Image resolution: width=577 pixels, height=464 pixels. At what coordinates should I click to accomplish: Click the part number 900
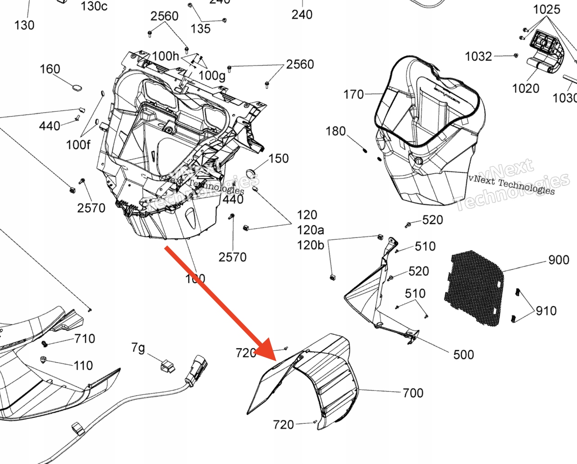tap(559, 260)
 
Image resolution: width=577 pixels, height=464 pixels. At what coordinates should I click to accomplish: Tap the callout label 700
tap(413, 393)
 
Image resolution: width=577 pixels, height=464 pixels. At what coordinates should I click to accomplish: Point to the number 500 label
tap(463, 355)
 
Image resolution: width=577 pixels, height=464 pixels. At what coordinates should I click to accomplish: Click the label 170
tap(353, 95)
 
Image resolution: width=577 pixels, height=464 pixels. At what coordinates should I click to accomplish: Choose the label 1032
tap(478, 57)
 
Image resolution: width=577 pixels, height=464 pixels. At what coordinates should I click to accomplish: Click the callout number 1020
tap(525, 88)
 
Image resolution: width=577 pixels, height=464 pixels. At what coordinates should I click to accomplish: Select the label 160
tap(49, 69)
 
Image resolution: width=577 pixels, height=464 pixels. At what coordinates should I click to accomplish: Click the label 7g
tap(138, 348)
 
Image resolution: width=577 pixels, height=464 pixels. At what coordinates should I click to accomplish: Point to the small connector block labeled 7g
tap(168, 366)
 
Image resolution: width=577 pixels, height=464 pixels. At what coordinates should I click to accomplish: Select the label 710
tap(84, 338)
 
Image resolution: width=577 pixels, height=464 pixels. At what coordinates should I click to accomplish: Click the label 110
tap(83, 366)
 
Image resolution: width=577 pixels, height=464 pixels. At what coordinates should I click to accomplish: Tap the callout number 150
tap(278, 158)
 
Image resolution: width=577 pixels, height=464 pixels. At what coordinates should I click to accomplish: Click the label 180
tap(335, 131)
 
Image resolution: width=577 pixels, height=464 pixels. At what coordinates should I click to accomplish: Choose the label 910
tap(546, 311)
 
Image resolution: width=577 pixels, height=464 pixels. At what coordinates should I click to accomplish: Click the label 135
tap(200, 29)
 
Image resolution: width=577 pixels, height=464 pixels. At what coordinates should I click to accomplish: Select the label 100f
tap(78, 144)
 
